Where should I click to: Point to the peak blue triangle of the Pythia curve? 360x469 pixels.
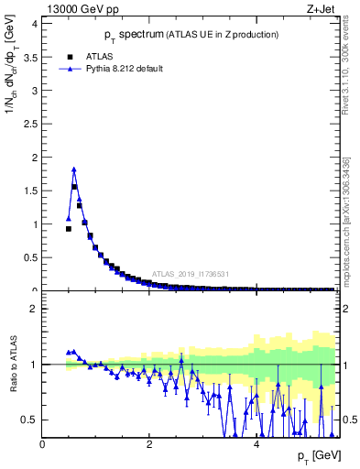74,169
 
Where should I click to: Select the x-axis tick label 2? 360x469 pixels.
149,443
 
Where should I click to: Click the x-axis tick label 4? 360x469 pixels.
256,443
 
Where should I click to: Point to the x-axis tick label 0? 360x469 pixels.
42,443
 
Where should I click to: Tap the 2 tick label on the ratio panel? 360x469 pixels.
34,309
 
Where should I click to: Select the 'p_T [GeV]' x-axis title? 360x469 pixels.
316,456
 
